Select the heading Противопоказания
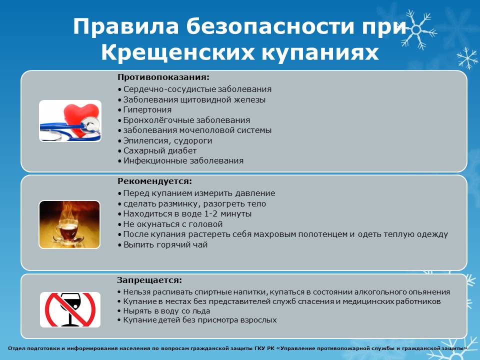point(163,77)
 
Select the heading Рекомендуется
point(154,181)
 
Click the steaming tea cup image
point(69,224)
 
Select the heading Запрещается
point(149,280)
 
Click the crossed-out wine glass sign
point(70,309)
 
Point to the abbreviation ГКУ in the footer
point(259,348)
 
